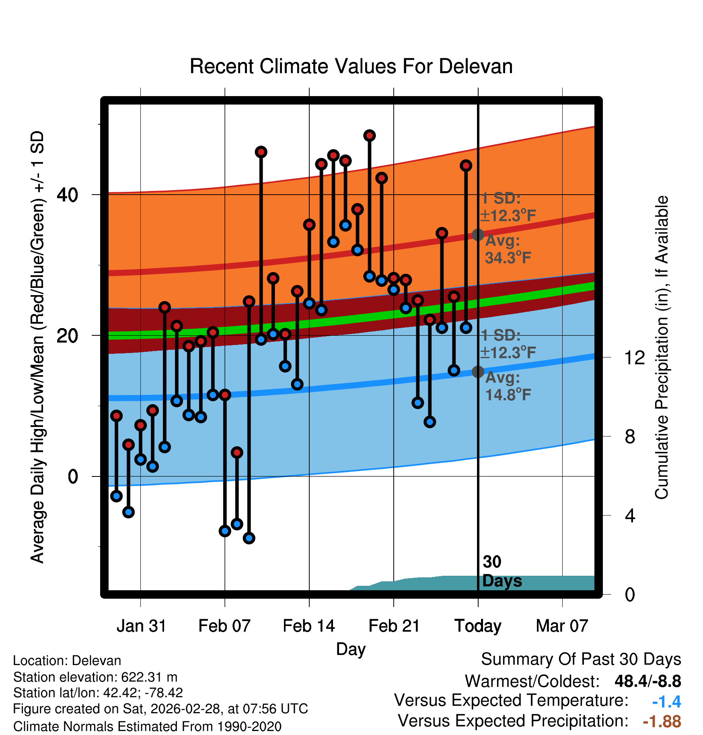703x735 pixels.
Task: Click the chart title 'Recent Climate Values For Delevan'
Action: (351, 66)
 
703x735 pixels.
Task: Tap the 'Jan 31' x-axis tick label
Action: (141, 626)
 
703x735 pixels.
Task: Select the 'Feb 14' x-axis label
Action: (309, 626)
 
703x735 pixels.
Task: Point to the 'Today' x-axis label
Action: (478, 626)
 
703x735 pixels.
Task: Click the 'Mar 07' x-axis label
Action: (562, 626)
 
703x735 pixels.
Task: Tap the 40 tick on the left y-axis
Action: (68, 195)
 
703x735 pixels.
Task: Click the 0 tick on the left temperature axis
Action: (73, 476)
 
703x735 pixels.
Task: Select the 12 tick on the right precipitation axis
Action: (635, 357)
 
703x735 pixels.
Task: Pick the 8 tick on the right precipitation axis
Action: (630, 437)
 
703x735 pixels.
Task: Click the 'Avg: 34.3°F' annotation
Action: (508, 249)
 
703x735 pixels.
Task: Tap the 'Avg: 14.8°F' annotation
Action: (508, 386)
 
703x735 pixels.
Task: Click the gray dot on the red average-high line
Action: (478, 235)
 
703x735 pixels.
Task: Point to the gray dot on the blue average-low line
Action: (478, 372)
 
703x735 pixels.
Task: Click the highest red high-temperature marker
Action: (370, 136)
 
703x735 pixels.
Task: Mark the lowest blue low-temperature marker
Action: (249, 538)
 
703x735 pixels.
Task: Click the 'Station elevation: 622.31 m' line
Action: (95, 677)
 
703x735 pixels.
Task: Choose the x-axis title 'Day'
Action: (351, 649)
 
